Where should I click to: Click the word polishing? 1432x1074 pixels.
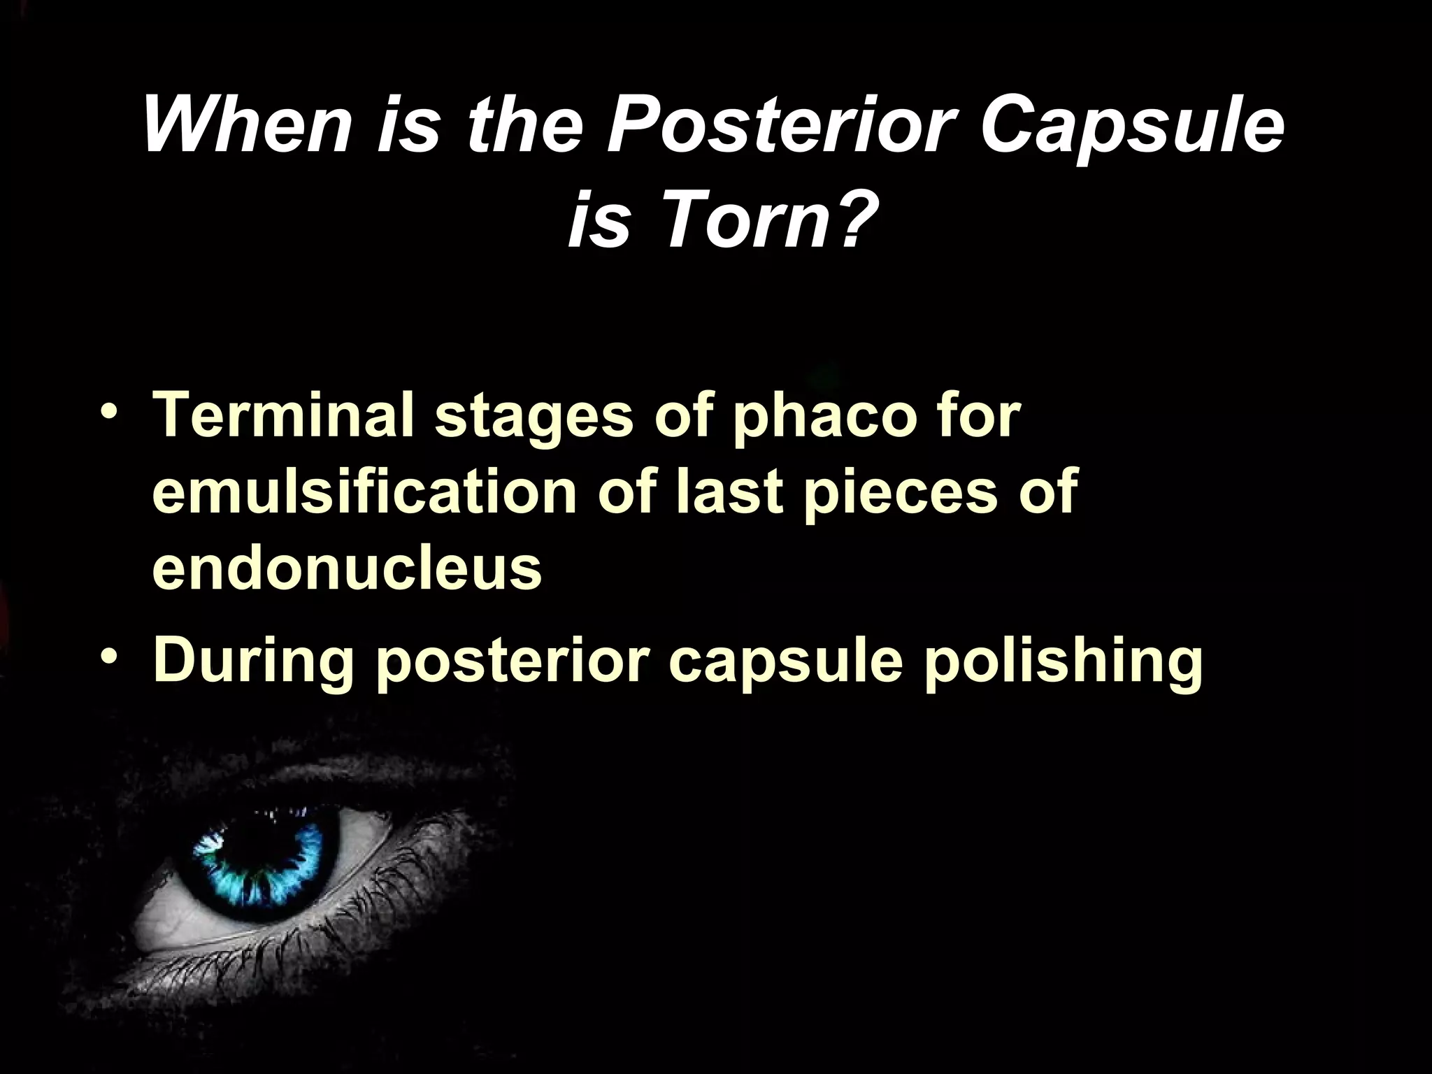[x=1063, y=661]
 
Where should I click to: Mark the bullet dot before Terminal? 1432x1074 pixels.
[x=108, y=416]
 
